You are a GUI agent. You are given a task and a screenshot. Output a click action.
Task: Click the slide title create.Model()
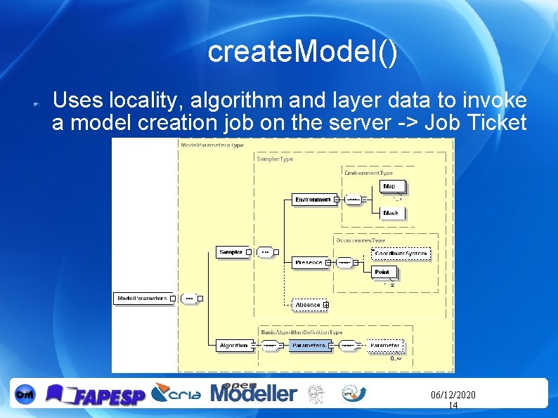click(302, 52)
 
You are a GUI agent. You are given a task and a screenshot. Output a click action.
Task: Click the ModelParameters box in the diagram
click(142, 299)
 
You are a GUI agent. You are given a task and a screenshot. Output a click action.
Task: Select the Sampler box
click(231, 252)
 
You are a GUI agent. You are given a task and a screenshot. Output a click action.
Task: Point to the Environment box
click(313, 200)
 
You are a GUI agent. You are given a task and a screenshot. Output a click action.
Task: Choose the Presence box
click(309, 263)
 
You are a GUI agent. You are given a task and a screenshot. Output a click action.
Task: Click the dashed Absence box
click(308, 305)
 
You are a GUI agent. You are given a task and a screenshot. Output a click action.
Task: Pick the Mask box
click(391, 214)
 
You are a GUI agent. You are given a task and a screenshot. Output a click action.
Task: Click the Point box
click(382, 272)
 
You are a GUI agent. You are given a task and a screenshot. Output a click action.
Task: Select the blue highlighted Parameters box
click(309, 346)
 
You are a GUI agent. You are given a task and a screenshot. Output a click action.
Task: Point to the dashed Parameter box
click(385, 346)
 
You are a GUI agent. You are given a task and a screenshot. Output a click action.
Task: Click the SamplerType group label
click(275, 159)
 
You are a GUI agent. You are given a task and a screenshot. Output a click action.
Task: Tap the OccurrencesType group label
click(361, 240)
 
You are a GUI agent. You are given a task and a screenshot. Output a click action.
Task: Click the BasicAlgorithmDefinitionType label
click(301, 332)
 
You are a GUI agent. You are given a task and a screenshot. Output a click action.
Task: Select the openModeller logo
click(254, 393)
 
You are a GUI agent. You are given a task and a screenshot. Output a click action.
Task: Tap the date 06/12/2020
click(453, 396)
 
